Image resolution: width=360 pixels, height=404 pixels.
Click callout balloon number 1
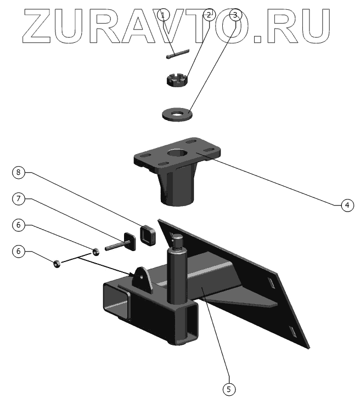tap(163, 15)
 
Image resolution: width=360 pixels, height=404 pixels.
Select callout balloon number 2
tap(208, 15)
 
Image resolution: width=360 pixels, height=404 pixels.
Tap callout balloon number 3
tap(235, 15)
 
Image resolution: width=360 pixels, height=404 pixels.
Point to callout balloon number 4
tap(346, 205)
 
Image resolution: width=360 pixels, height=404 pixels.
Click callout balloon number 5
tap(229, 389)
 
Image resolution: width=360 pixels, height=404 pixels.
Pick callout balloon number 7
tap(19, 198)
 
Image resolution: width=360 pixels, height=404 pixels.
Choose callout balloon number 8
tap(19, 172)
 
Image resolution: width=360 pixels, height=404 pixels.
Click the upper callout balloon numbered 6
tap(19, 225)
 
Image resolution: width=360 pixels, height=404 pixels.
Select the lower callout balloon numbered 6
tap(19, 251)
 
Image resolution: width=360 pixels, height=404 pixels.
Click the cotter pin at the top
tap(176, 54)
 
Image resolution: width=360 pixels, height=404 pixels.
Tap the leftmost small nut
tap(57, 264)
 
